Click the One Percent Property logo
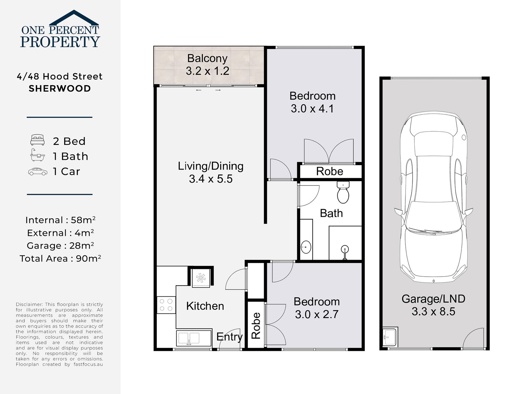tap(60, 30)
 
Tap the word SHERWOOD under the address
tap(60, 88)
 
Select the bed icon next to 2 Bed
tap(37, 140)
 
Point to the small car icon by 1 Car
tap(38, 172)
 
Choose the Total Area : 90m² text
tap(60, 259)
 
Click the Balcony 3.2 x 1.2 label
tap(207, 65)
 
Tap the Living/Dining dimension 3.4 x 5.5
tap(211, 179)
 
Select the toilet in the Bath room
tap(343, 193)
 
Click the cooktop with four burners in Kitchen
tap(166, 305)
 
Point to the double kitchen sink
tap(189, 338)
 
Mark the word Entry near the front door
tap(230, 337)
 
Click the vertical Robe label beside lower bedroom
tap(256, 325)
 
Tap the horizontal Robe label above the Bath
tap(329, 171)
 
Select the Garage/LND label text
tap(433, 299)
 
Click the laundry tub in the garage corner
tap(390, 336)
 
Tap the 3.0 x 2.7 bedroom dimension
tap(317, 314)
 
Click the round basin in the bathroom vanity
tap(306, 247)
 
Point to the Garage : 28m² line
tap(60, 246)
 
